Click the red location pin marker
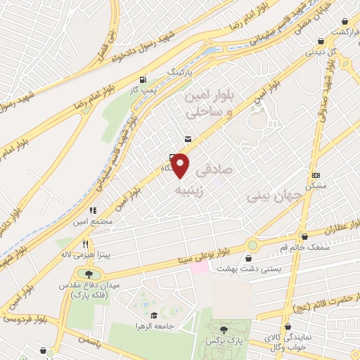pos(181,165)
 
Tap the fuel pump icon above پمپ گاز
pos(143,79)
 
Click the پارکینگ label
pos(179,72)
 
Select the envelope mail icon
pos(187,139)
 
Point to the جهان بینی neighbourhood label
pos(275,195)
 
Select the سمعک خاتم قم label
pos(304,248)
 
